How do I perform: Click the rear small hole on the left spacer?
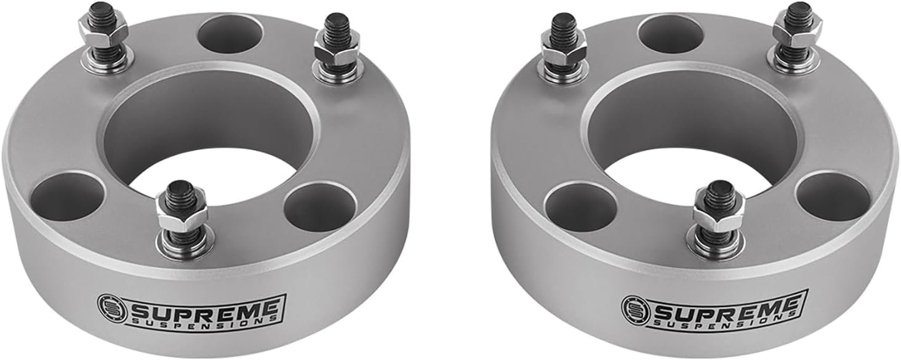pos(226,31)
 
